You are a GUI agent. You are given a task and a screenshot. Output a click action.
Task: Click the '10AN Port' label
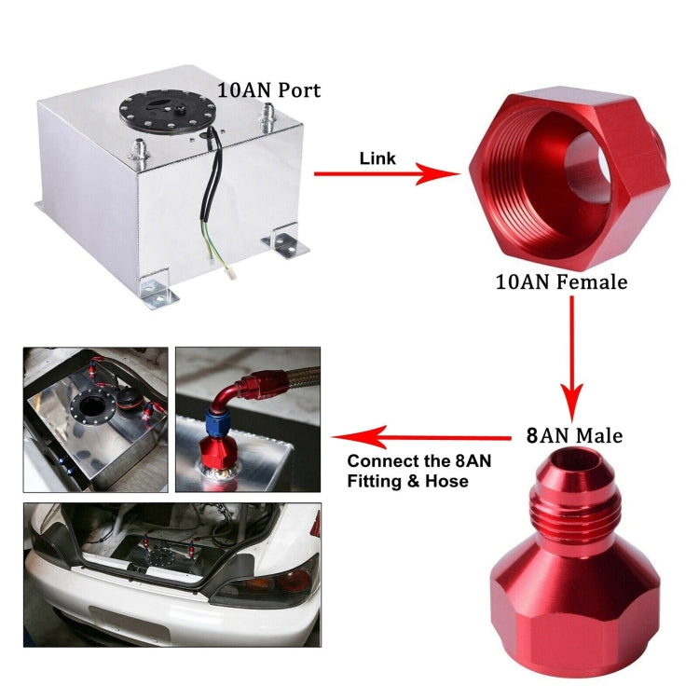pos(268,90)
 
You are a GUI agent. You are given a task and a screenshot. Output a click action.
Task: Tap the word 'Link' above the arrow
pos(377,158)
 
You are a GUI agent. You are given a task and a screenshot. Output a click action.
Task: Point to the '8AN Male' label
pos(575,434)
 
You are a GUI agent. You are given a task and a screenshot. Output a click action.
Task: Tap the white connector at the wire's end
pos(229,275)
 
